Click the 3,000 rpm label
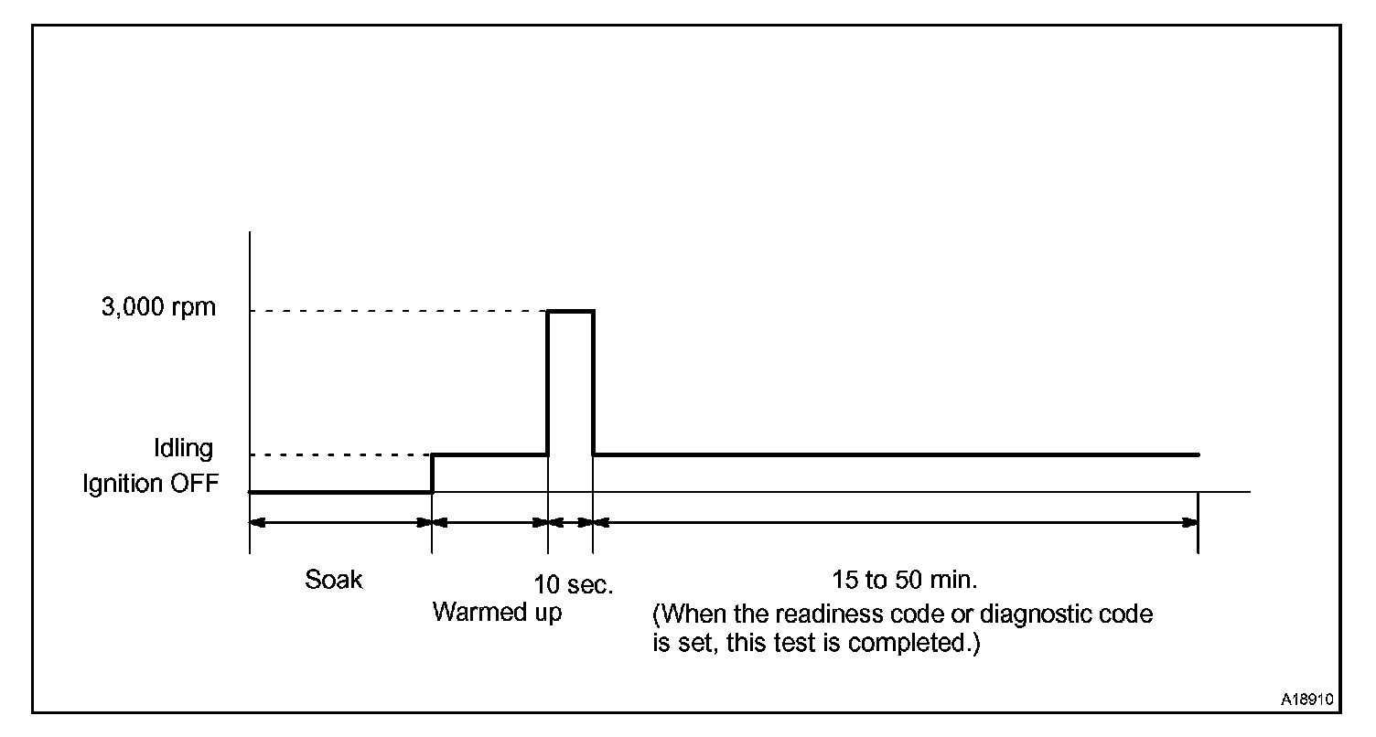pyautogui.click(x=159, y=307)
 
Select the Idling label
pyautogui.click(x=183, y=449)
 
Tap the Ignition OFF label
pyautogui.click(x=151, y=484)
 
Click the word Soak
pyautogui.click(x=334, y=580)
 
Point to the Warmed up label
pyautogui.click(x=497, y=612)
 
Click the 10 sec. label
pyautogui.click(x=574, y=585)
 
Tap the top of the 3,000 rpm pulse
pyautogui.click(x=570, y=311)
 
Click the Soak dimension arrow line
pyautogui.click(x=340, y=523)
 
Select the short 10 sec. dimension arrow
pyautogui.click(x=570, y=523)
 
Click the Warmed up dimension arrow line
pyautogui.click(x=489, y=523)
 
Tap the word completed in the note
pyautogui.click(x=910, y=643)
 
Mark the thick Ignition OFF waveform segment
pyautogui.click(x=340, y=492)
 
